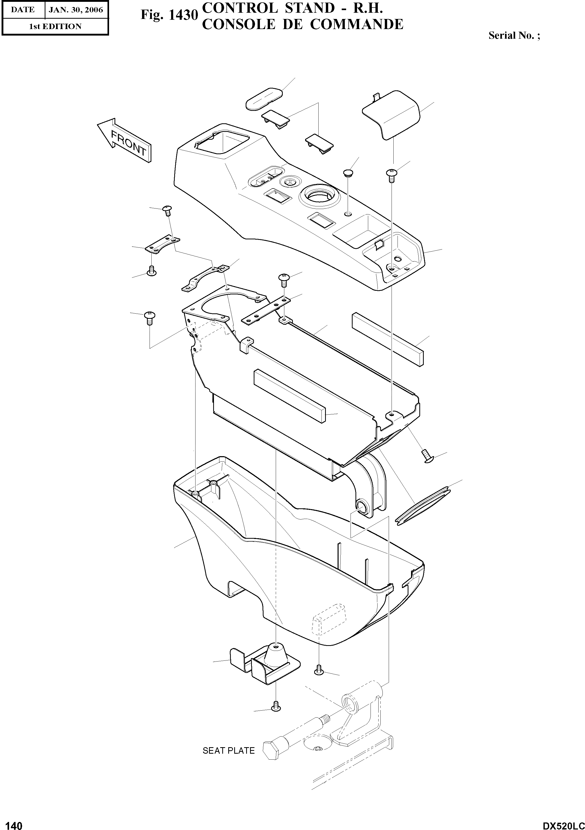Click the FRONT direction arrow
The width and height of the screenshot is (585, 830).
(x=125, y=140)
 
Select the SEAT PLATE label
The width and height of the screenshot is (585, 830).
(x=228, y=751)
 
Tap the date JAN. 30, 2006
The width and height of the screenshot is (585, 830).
(x=76, y=10)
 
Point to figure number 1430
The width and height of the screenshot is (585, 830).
(x=170, y=16)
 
